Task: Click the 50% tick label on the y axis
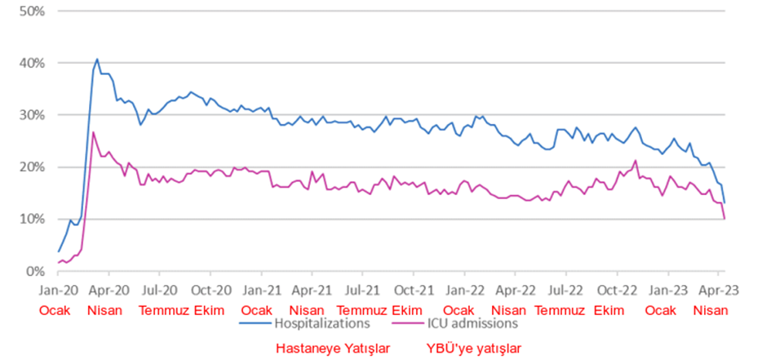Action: pyautogui.click(x=30, y=11)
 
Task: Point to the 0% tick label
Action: pyautogui.click(x=33, y=271)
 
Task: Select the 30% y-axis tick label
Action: pyautogui.click(x=30, y=115)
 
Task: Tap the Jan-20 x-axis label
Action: pyautogui.click(x=58, y=290)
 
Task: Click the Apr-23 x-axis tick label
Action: pyautogui.click(x=719, y=290)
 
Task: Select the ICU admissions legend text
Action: pyautogui.click(x=472, y=322)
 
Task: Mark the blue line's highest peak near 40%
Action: pyautogui.click(x=98, y=59)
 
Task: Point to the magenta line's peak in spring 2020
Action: pyautogui.click(x=94, y=132)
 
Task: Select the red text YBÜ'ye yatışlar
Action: pyautogui.click(x=473, y=349)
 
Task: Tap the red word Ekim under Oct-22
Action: pyautogui.click(x=609, y=310)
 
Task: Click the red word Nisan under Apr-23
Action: pyautogui.click(x=711, y=310)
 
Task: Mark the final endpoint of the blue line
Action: pyautogui.click(x=724, y=202)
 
